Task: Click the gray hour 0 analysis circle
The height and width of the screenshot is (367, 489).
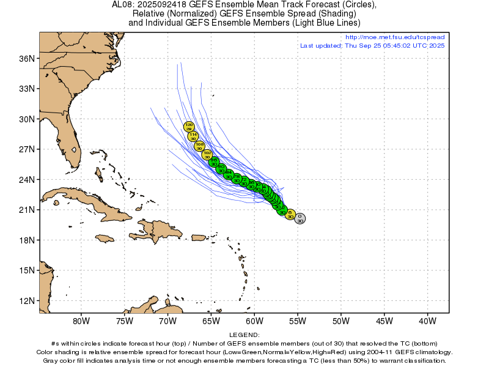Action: tap(300, 219)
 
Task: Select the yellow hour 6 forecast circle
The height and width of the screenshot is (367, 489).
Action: tap(290, 215)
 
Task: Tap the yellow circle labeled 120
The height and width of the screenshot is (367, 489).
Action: tap(189, 127)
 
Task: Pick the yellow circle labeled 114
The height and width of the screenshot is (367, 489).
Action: tap(193, 136)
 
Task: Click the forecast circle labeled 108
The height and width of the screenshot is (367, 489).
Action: tap(199, 146)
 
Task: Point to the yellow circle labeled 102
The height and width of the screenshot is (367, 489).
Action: tap(207, 155)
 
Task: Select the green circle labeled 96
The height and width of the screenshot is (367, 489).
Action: tap(214, 162)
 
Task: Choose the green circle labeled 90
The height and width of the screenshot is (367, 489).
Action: tap(221, 168)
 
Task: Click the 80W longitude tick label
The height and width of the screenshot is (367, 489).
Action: tap(81, 321)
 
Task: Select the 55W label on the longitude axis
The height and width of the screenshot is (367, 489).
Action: tap(297, 321)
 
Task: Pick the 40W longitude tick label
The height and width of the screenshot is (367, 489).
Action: tap(427, 321)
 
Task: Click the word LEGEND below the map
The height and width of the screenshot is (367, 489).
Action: tap(244, 335)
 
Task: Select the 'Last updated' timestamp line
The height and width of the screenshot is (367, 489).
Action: tap(372, 46)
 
